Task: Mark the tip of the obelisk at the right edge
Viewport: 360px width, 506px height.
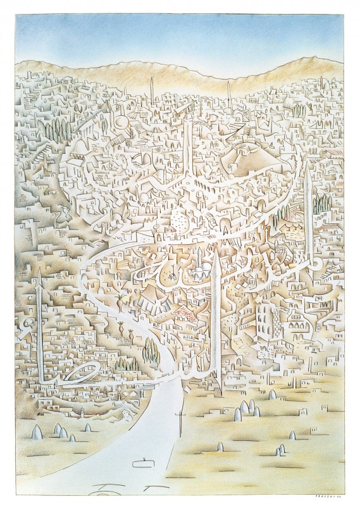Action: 307,166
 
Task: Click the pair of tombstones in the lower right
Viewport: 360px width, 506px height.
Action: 279,450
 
